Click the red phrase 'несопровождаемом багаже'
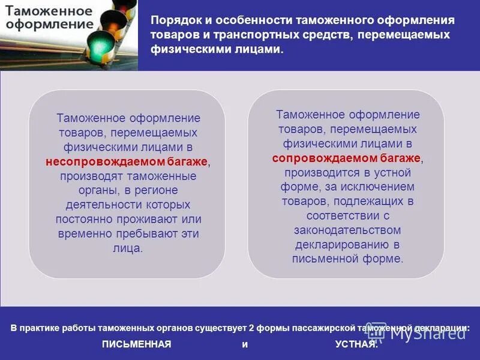[127, 162]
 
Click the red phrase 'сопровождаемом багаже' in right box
[347, 158]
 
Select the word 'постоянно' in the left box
[83, 219]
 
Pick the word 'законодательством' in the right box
[347, 230]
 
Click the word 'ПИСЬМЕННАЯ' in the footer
[137, 344]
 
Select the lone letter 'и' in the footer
[244, 344]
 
